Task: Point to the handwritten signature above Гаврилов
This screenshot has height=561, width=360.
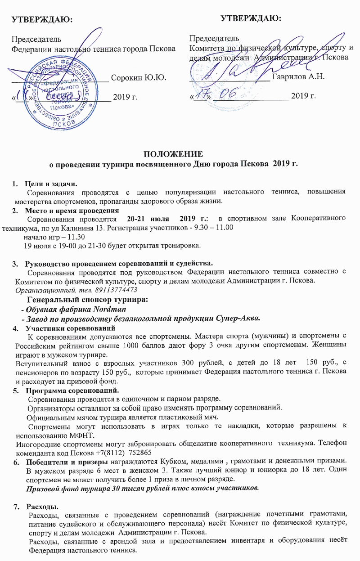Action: (234, 67)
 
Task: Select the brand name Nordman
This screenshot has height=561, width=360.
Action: (109, 310)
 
